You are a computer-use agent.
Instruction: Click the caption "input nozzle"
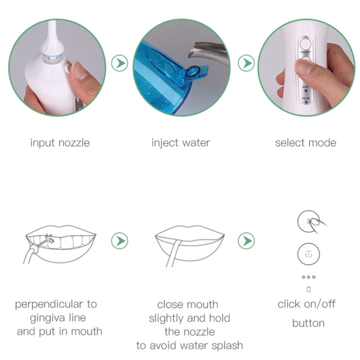click(60, 143)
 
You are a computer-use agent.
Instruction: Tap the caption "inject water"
click(180, 143)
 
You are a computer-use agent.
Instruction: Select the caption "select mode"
click(306, 143)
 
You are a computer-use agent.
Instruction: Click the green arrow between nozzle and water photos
click(120, 63)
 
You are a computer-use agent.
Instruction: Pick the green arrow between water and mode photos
click(246, 63)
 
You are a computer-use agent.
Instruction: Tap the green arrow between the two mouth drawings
click(120, 240)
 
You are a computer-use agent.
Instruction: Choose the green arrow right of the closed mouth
click(246, 240)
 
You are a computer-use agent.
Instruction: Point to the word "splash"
click(225, 345)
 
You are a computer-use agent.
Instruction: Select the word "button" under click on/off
click(308, 323)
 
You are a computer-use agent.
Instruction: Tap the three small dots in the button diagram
click(308, 277)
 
